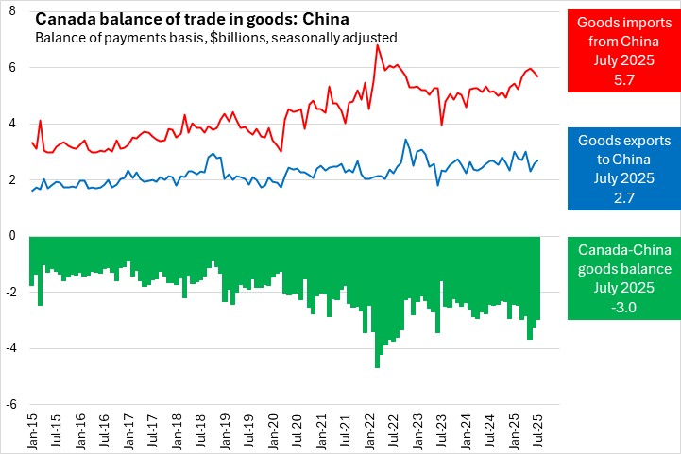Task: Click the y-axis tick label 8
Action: click(x=13, y=10)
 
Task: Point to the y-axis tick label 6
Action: click(x=13, y=67)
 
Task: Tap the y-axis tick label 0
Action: click(x=13, y=236)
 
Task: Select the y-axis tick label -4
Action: click(x=11, y=348)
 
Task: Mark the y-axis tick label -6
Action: click(x=11, y=405)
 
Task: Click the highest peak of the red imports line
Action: click(x=378, y=45)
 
